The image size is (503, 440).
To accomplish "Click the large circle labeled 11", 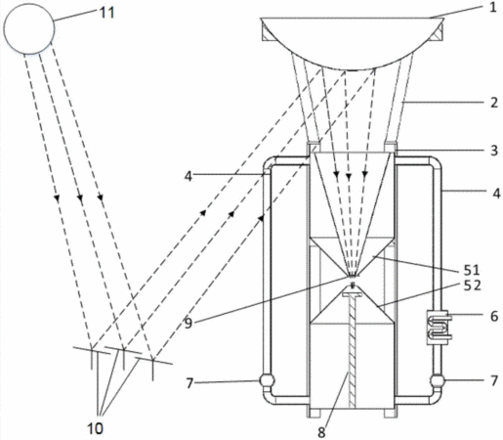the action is (x=29, y=28).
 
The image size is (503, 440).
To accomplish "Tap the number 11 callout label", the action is (x=107, y=13).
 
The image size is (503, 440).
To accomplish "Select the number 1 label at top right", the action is (x=493, y=7).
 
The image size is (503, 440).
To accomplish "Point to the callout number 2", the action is (x=494, y=103).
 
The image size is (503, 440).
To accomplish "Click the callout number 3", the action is (x=494, y=151).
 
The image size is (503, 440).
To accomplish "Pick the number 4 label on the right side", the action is (x=496, y=194).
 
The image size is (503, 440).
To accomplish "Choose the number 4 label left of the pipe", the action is (x=189, y=176).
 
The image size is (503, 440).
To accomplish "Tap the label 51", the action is (x=472, y=270).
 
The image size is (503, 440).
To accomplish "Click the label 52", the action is (x=473, y=286).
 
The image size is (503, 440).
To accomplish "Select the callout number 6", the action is (x=494, y=316).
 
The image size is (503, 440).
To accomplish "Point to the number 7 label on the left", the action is (x=189, y=383).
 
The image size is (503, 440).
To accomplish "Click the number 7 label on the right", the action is (x=494, y=380).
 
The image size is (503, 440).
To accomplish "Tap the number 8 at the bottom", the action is (x=321, y=432).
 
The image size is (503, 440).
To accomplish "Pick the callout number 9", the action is (x=189, y=324).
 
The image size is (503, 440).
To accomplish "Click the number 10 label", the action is (x=95, y=428).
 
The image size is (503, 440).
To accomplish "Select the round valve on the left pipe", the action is (x=267, y=380).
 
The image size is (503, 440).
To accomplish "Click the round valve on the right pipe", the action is (x=438, y=380).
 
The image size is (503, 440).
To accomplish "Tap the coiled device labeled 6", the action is (x=439, y=327).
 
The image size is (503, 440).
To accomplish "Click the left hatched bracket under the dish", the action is (x=267, y=33).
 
